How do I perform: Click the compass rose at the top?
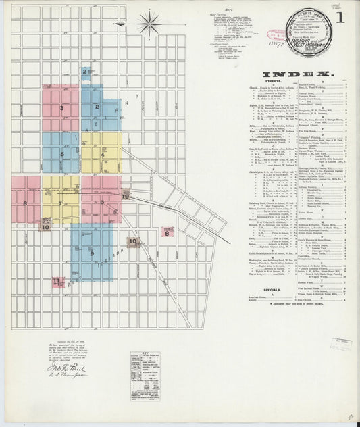coord(149,23)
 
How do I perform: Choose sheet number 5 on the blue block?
coord(61,154)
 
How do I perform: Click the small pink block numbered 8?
coord(165,234)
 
